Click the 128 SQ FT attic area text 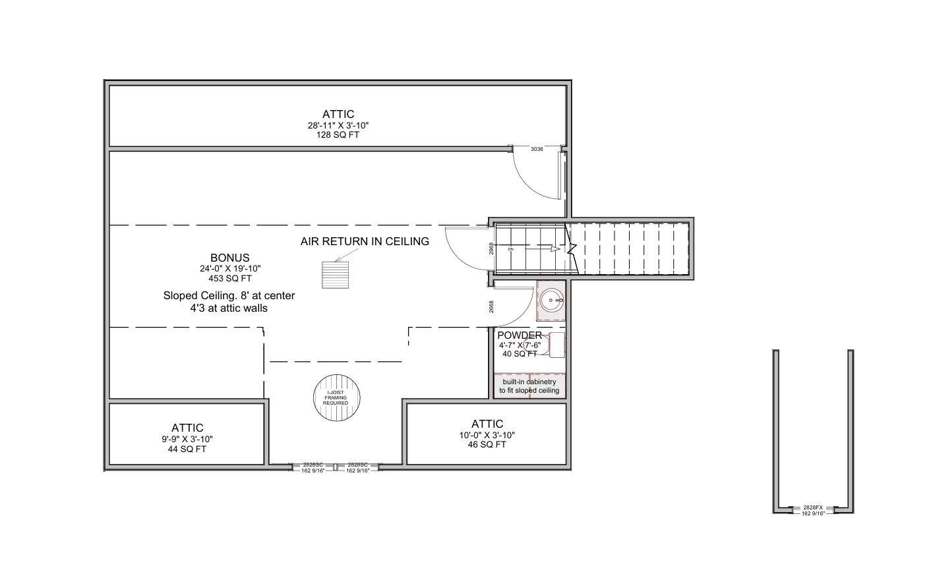[x=338, y=135]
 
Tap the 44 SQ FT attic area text [x=187, y=449]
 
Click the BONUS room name [x=229, y=258]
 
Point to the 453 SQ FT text [x=229, y=279]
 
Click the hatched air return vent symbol [x=336, y=275]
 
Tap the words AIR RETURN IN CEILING [x=365, y=241]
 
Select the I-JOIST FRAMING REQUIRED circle [x=336, y=398]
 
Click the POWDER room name [x=520, y=335]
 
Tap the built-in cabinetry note [x=529, y=386]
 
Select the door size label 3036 [x=537, y=150]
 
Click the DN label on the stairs [x=510, y=250]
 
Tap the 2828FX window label [x=813, y=507]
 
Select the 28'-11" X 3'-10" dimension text [x=338, y=125]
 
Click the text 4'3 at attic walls [x=229, y=308]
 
